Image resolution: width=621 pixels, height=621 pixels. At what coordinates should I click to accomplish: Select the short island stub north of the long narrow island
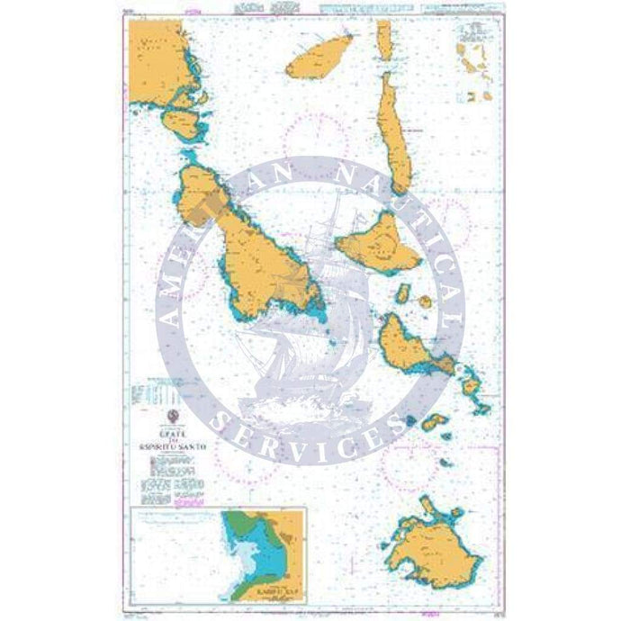point(383,37)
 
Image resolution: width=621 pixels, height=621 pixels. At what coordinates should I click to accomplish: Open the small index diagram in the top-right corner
point(476,58)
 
